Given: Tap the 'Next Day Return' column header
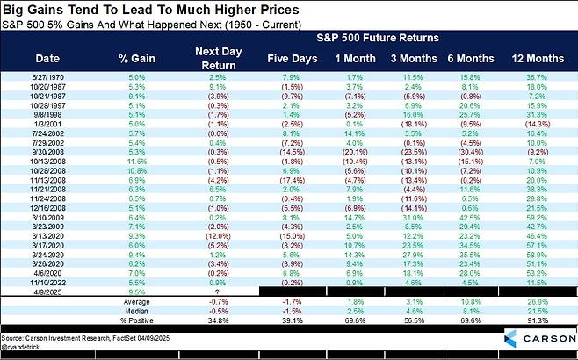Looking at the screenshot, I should click(x=205, y=58).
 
